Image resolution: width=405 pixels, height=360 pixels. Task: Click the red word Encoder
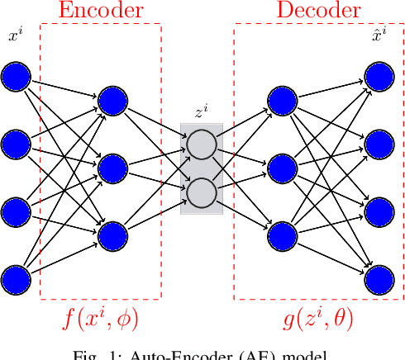100,11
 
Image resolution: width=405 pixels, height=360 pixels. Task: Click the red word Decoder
318,11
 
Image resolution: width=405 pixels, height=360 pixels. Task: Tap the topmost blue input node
16,77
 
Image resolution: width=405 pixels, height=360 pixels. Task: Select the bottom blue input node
16,278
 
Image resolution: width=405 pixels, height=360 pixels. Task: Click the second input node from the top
16,144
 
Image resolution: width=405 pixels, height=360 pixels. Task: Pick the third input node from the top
16,211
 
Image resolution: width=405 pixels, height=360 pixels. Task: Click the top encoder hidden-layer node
112,101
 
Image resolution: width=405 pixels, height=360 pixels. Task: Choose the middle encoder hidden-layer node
112,168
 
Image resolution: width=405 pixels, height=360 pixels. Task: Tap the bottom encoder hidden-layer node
112,236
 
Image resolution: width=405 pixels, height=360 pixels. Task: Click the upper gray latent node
201,144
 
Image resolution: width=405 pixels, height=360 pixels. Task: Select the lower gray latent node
201,193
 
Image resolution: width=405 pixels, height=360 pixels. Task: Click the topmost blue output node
379,77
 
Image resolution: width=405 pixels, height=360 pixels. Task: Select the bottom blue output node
379,278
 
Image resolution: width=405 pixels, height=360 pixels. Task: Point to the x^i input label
14,36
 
